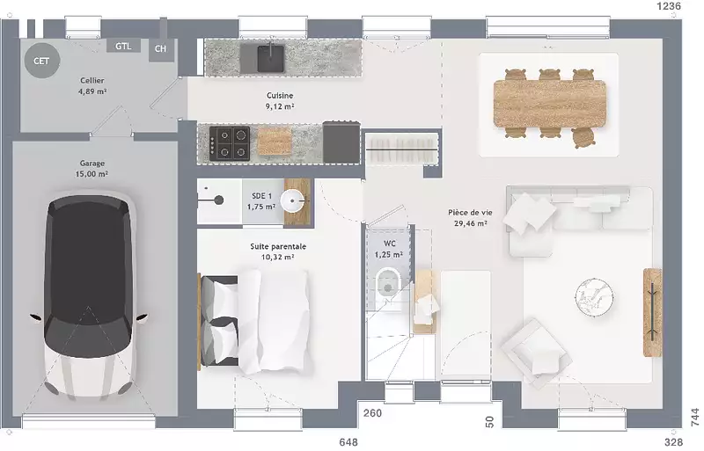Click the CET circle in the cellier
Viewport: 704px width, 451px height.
click(x=41, y=61)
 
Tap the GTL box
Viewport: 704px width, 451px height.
click(x=123, y=46)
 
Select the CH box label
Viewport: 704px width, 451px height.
click(x=160, y=48)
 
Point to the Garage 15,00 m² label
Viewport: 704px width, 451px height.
click(x=92, y=168)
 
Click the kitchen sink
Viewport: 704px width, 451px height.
click(x=270, y=58)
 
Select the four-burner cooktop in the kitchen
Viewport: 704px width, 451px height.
click(x=230, y=143)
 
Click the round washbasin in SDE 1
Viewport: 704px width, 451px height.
click(x=292, y=200)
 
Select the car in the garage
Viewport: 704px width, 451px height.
click(x=90, y=295)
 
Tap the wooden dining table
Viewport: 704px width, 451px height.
click(x=549, y=104)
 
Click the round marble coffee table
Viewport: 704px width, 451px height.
click(x=594, y=296)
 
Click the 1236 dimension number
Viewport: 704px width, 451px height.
click(x=669, y=6)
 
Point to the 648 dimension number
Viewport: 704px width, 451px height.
click(x=348, y=442)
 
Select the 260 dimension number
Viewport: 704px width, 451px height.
click(x=372, y=413)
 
